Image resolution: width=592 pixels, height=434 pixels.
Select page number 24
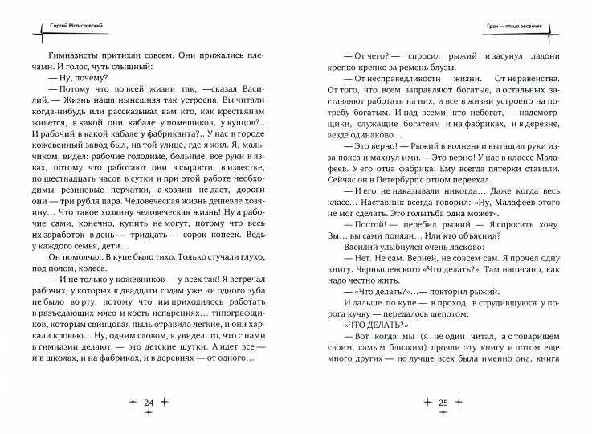point(148,399)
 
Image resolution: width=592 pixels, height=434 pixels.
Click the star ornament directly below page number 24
point(148,413)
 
